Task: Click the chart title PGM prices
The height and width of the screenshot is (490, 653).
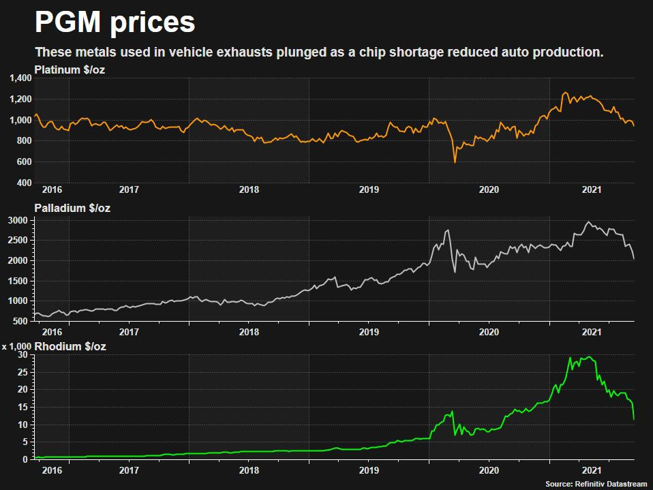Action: point(115,23)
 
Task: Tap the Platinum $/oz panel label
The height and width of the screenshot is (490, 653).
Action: point(69,69)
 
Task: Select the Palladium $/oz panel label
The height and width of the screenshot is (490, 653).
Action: point(72,209)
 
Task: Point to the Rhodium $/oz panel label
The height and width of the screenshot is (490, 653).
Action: point(70,347)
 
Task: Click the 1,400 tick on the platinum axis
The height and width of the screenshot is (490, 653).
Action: point(20,78)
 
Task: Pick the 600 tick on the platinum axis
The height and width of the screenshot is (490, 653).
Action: point(24,162)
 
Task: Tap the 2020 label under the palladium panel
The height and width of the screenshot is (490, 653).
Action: point(488,332)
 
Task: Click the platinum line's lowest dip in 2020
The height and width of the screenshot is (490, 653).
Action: point(455,162)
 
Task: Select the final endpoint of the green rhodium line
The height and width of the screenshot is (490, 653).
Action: point(634,418)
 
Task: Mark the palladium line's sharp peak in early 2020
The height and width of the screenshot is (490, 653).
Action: point(448,230)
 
